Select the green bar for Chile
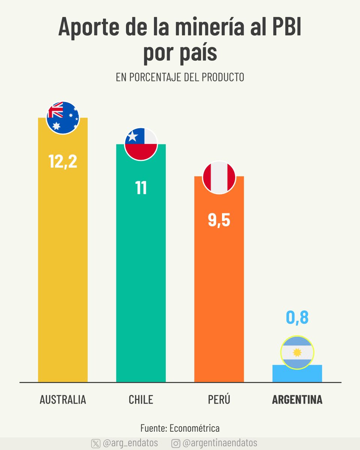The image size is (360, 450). point(141,281)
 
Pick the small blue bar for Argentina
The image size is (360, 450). point(297,374)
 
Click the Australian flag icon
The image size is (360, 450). point(63,118)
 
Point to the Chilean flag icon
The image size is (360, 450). point(141,144)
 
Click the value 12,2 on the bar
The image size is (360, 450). point(63,161)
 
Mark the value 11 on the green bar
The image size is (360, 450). point(141,188)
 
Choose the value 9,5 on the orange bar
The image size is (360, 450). point(219,220)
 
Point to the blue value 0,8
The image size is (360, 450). point(297,317)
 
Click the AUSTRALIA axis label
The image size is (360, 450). point(63,400)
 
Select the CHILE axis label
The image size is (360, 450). point(141,400)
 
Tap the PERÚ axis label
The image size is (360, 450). point(219,400)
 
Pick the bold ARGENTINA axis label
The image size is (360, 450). point(297,400)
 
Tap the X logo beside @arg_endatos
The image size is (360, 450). point(96,443)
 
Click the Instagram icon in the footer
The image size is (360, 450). point(175,443)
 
